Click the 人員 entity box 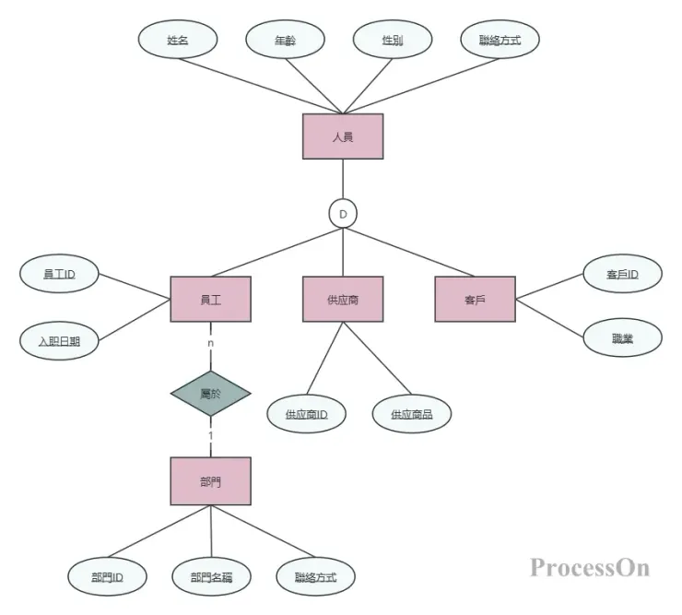coord(343,136)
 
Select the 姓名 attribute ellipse coord(178,40)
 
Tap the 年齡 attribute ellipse coord(286,40)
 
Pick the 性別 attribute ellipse coord(393,40)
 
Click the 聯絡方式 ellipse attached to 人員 coord(500,40)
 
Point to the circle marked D coord(343,214)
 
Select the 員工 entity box coord(210,299)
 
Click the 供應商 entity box coord(343,299)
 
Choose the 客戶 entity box coord(475,299)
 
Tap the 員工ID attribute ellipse coord(59,274)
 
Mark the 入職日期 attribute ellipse coord(59,340)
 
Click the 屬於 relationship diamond coord(210,394)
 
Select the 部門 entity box coord(210,481)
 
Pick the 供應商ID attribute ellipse coord(306,414)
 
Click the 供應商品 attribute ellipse coord(412,414)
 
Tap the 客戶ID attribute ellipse coord(622,274)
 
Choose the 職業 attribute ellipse coord(622,338)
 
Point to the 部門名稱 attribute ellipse coord(211,577)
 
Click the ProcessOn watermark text coord(589,566)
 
